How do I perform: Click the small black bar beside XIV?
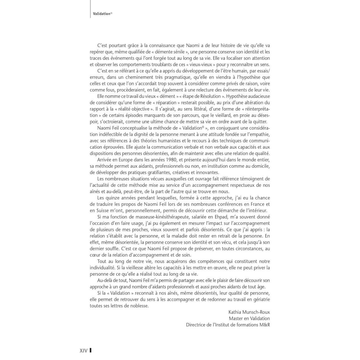click(x=90, y=350)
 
